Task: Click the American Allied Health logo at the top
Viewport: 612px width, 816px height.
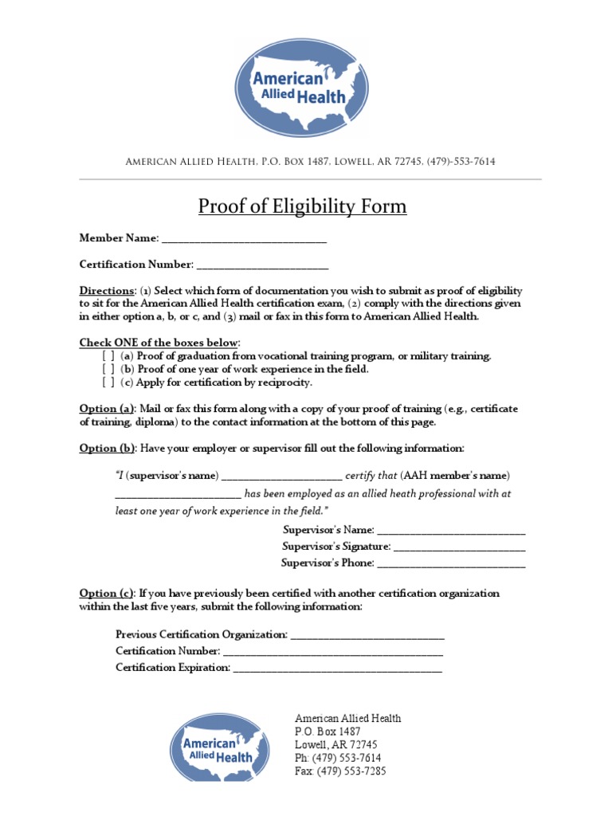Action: tap(301, 88)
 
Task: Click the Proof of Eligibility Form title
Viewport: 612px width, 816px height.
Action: tap(302, 207)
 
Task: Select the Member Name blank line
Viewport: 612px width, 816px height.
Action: tap(243, 239)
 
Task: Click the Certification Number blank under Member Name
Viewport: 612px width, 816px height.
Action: tap(262, 265)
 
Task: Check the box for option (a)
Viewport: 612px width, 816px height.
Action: tap(108, 356)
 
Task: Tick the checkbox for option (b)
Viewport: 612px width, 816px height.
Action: tap(108, 370)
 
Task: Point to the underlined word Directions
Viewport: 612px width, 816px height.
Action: tap(106, 291)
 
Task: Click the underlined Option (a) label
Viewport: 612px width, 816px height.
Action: tap(108, 409)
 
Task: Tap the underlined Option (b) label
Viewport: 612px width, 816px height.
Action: tap(108, 449)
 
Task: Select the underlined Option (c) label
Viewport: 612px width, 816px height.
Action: tap(107, 594)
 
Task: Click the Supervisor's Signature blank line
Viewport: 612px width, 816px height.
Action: tap(459, 547)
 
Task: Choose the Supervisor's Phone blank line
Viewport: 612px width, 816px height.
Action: tap(451, 564)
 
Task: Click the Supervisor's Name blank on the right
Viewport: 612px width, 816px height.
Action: tap(451, 531)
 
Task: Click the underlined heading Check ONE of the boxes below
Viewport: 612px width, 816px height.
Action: tap(159, 343)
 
